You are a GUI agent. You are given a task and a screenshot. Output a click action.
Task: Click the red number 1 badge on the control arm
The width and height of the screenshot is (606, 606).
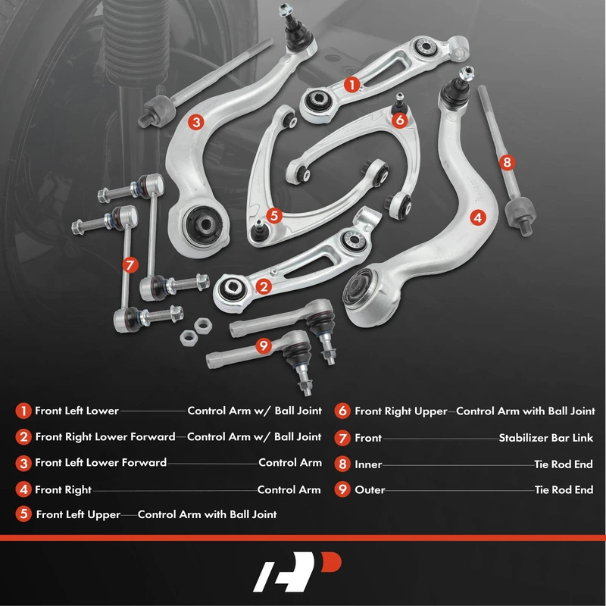pyautogui.click(x=351, y=84)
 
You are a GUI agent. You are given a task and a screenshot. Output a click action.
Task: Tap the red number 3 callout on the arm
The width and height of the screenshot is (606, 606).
pyautogui.click(x=196, y=122)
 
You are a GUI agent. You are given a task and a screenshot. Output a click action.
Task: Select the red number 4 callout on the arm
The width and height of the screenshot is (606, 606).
pyautogui.click(x=478, y=217)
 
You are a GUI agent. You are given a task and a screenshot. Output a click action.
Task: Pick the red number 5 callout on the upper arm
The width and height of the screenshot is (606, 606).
pyautogui.click(x=274, y=215)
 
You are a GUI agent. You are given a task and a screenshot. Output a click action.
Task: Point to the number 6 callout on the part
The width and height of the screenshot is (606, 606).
pyautogui.click(x=400, y=120)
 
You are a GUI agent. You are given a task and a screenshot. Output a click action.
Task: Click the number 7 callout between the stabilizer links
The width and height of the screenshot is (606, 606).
pyautogui.click(x=130, y=265)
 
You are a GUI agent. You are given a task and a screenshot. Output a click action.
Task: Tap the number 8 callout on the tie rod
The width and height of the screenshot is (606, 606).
pyautogui.click(x=507, y=162)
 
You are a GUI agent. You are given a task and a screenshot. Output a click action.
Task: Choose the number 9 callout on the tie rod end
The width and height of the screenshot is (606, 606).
pyautogui.click(x=264, y=345)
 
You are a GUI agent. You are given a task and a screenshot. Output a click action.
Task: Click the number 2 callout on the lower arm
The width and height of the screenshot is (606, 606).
pyautogui.click(x=264, y=286)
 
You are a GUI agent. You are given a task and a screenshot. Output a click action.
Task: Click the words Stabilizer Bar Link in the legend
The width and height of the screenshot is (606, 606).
pyautogui.click(x=545, y=438)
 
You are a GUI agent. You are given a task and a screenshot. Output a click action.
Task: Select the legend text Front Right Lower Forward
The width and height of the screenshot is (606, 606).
pyautogui.click(x=105, y=437)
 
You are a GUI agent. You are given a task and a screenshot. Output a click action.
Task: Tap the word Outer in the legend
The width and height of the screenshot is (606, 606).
pyautogui.click(x=370, y=489)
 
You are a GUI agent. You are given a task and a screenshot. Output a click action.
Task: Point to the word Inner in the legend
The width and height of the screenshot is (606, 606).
pyautogui.click(x=368, y=464)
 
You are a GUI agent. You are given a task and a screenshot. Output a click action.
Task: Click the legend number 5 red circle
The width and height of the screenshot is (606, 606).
pyautogui.click(x=23, y=514)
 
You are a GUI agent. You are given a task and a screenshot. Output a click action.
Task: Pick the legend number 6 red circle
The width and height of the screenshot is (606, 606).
pyautogui.click(x=342, y=411)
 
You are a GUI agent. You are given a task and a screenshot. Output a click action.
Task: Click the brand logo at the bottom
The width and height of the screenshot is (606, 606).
pyautogui.click(x=297, y=572)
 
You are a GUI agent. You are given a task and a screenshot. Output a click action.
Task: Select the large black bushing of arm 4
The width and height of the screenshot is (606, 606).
pyautogui.click(x=359, y=287)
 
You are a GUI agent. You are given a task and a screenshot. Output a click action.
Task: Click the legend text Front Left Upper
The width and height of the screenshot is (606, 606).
pyautogui.click(x=78, y=514)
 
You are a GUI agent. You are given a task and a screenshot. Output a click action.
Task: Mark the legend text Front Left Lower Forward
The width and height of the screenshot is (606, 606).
pyautogui.click(x=101, y=463)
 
